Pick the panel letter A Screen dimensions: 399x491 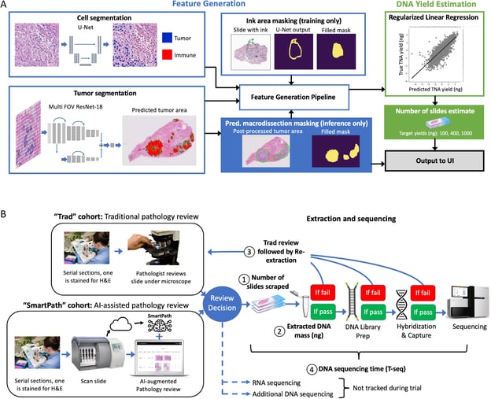pyautogui.click(x=6, y=6)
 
